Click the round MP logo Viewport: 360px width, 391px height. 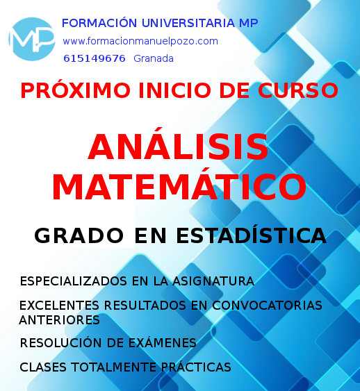pyautogui.click(x=31, y=40)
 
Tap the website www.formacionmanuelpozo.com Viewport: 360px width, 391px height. pyautogui.click(x=140, y=41)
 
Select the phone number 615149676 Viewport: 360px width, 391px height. pyautogui.click(x=95, y=58)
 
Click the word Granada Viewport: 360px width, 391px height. pyautogui.click(x=154, y=58)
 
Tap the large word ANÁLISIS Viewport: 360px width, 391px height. pyautogui.click(x=178, y=147)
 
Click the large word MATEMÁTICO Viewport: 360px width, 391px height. pyautogui.click(x=179, y=187)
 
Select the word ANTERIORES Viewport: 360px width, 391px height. pyautogui.click(x=60, y=320)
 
